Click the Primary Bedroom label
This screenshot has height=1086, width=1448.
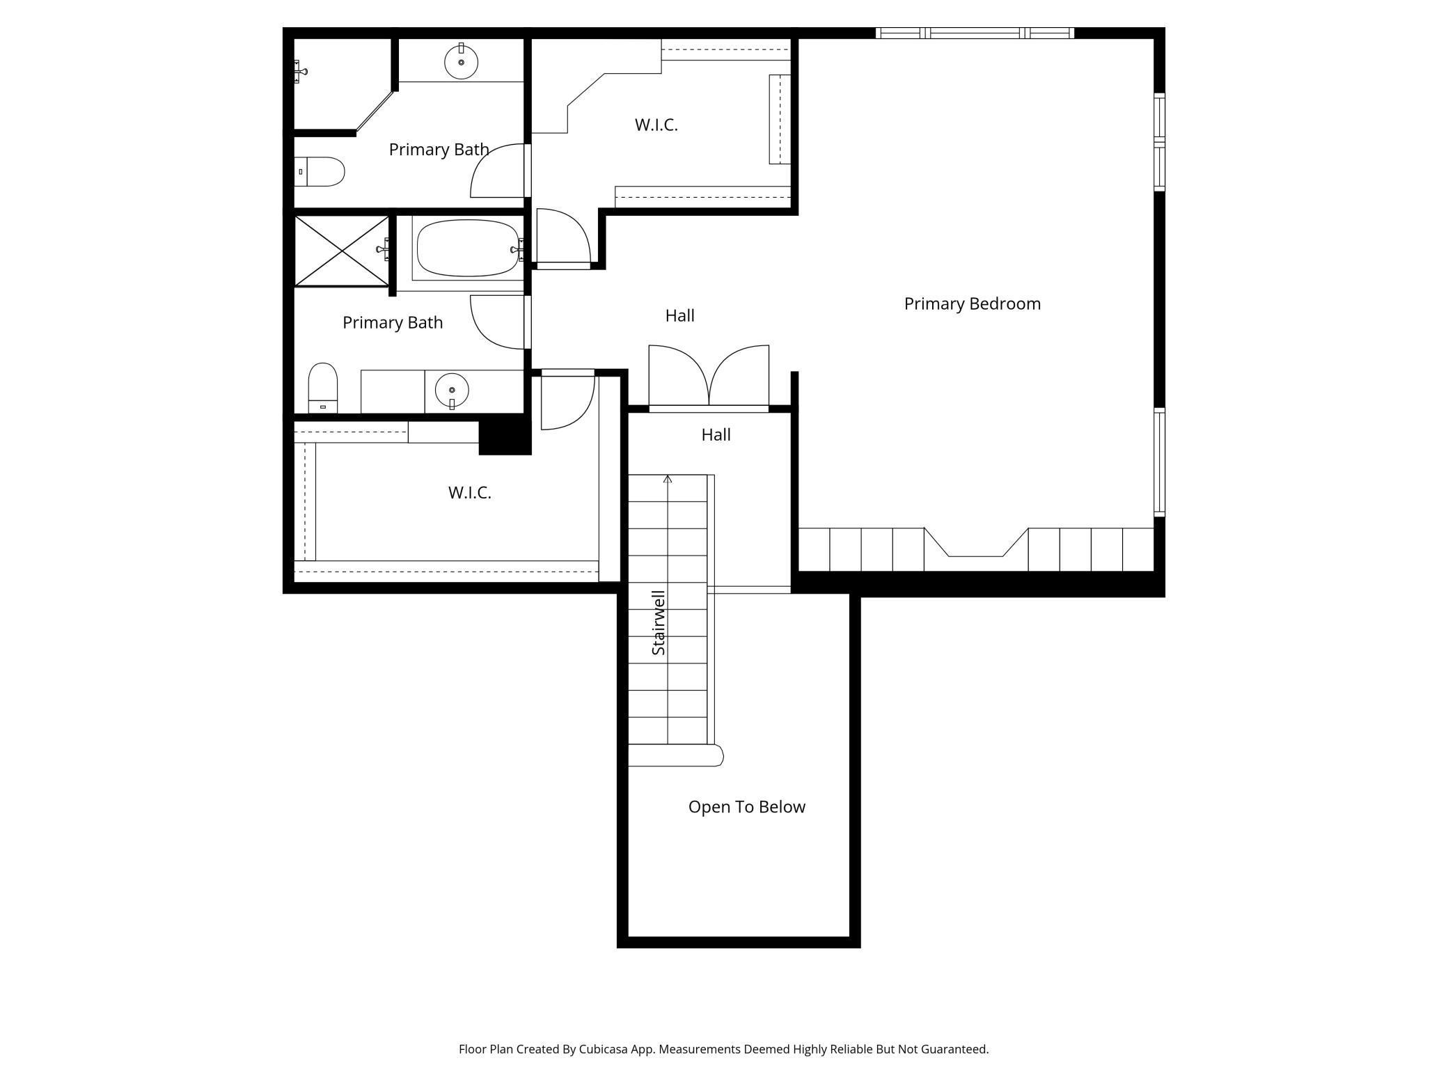(x=972, y=304)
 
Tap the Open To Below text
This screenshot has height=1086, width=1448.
(x=746, y=807)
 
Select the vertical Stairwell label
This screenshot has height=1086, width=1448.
(x=658, y=622)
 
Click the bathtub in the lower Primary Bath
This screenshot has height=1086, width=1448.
(x=468, y=249)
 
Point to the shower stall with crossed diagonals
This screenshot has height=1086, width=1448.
(x=342, y=251)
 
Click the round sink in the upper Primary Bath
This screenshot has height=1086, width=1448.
(x=461, y=61)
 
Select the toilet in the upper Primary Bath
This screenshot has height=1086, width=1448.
(x=320, y=171)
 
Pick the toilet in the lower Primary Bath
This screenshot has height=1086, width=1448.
(x=323, y=387)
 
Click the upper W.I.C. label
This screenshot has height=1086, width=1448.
(x=656, y=125)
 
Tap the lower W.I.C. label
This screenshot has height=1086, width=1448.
(x=469, y=493)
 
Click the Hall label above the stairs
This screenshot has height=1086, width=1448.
(x=716, y=435)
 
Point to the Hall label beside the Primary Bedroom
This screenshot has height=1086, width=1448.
(x=679, y=316)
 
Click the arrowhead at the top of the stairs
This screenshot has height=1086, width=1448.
(x=668, y=479)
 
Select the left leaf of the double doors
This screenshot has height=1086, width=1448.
(x=679, y=375)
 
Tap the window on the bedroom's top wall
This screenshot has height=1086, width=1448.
(x=975, y=33)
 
